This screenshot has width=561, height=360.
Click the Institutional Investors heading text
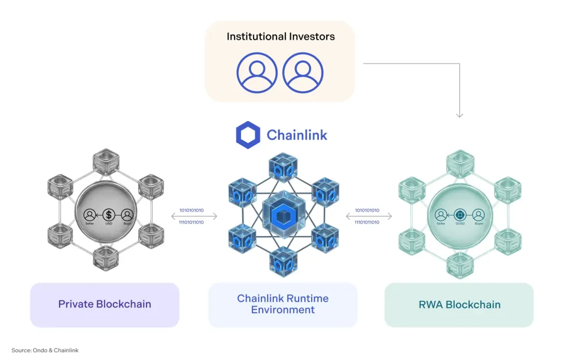280,37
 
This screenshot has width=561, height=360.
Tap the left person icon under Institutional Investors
257,72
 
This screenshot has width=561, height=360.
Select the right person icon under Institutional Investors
303,72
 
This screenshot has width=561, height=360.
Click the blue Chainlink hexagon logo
248,135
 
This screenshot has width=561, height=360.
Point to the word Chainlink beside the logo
297,136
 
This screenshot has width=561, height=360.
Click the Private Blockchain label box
104,304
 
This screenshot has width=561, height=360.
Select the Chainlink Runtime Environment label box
283,304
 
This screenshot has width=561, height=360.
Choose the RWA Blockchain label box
459,304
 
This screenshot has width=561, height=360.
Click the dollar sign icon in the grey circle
109,214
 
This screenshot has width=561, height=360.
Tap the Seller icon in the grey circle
90,214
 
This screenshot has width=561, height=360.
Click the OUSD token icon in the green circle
460,215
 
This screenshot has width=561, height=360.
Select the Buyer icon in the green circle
478,215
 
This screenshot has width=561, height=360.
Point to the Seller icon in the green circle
441,215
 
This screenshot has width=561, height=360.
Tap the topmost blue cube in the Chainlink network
283,167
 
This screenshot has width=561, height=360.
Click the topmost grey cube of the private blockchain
106,161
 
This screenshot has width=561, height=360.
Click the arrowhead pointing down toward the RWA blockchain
460,114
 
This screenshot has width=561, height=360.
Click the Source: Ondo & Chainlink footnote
45,350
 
